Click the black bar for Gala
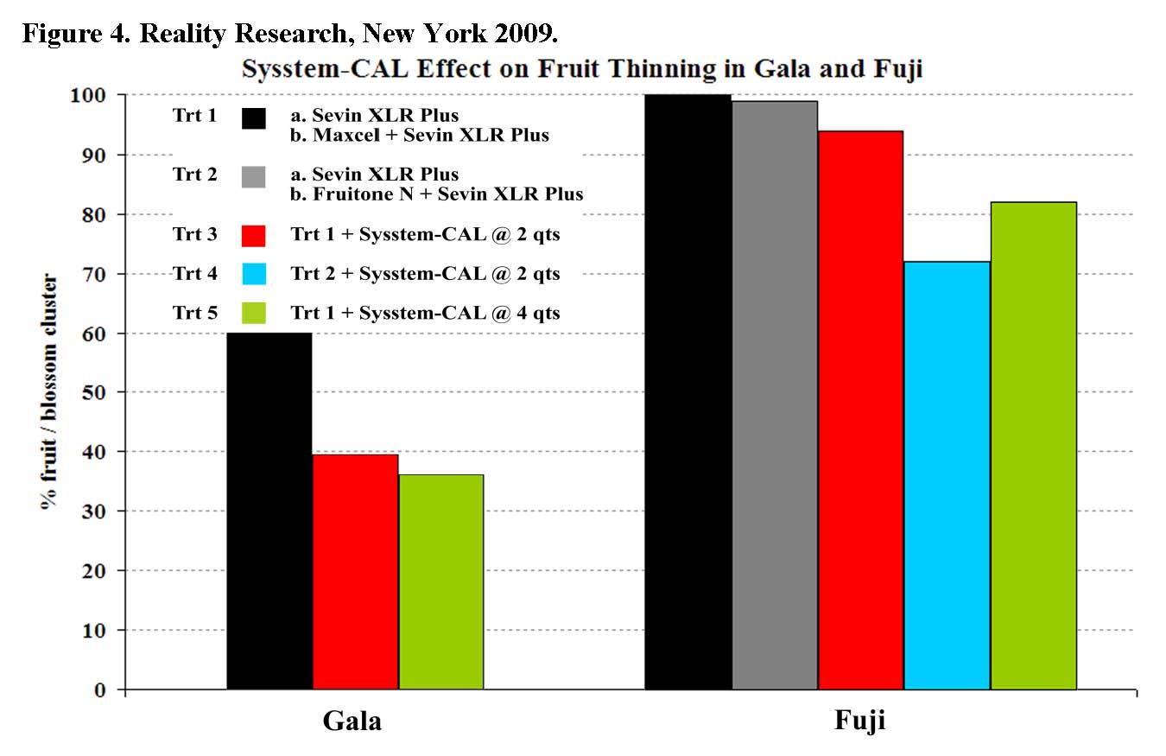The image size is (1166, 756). tap(269, 511)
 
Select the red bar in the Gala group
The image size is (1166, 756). tap(355, 571)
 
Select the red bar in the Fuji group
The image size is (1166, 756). tap(860, 410)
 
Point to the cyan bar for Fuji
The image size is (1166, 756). tap(947, 475)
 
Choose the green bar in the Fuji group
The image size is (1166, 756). tap(1033, 445)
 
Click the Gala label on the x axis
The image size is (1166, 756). tap(352, 722)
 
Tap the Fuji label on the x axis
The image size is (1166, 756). tap(860, 722)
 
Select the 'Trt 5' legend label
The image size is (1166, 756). tap(194, 312)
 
